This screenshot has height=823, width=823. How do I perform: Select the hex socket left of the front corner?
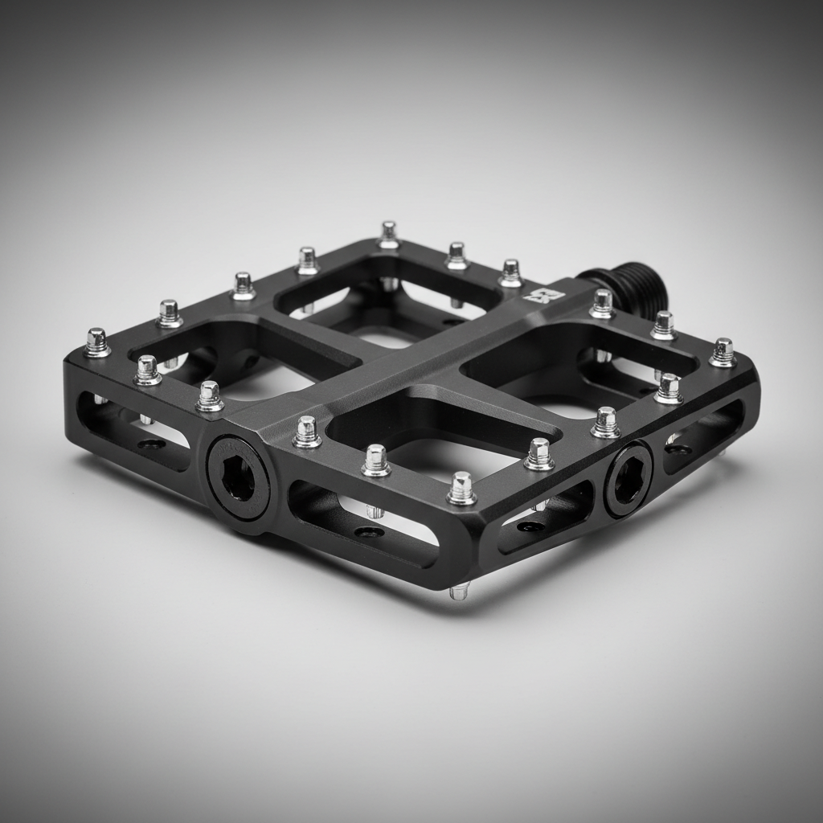point(238,480)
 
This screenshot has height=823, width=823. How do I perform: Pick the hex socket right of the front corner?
point(628,479)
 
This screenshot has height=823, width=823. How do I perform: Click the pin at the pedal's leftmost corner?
point(97,342)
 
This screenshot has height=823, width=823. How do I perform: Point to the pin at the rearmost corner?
point(389,235)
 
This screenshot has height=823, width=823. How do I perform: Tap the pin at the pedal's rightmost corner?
point(723,352)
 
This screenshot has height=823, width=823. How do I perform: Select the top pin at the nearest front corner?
point(461,489)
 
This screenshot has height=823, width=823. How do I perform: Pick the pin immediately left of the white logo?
point(510,273)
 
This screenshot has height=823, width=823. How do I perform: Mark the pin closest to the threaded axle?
point(602,304)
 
